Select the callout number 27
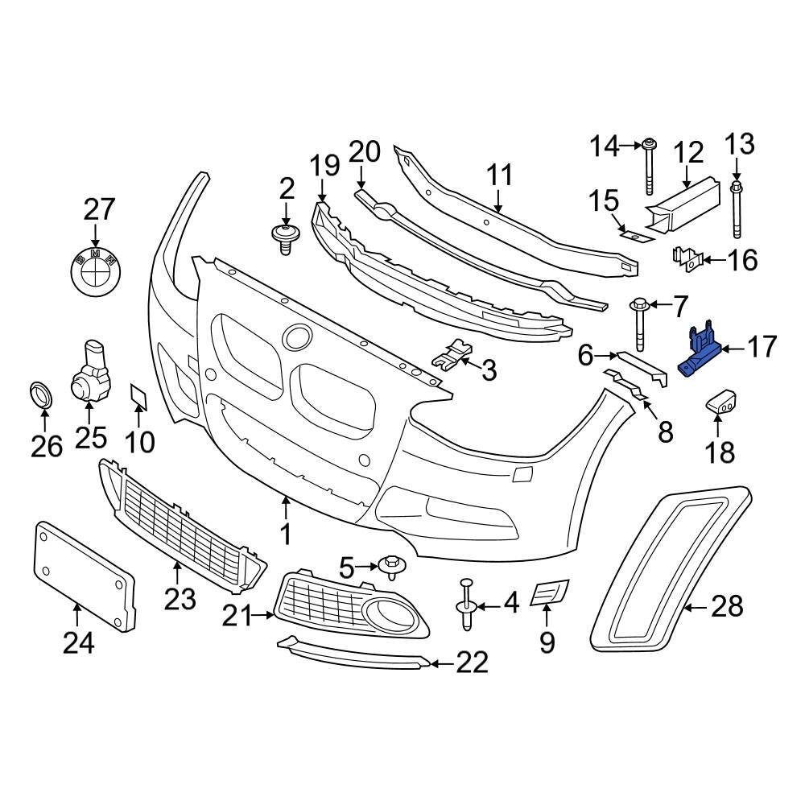[100, 211]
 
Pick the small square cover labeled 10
[138, 396]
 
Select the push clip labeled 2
[285, 239]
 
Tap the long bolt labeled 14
[648, 167]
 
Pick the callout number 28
[727, 607]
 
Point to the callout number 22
[472, 663]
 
